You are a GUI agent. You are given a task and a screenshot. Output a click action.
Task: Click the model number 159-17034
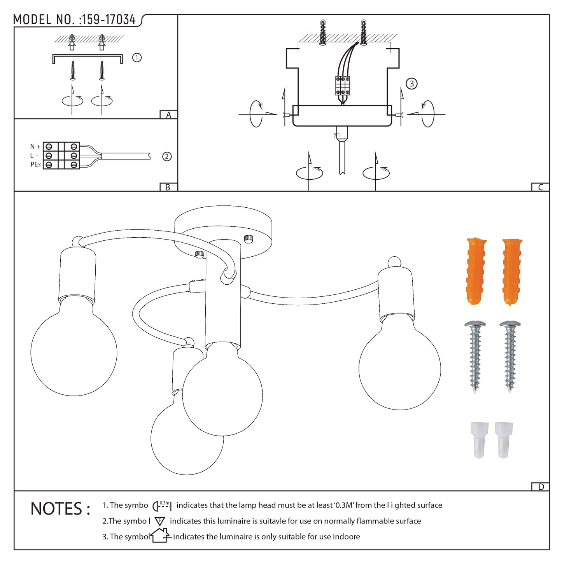point(109,20)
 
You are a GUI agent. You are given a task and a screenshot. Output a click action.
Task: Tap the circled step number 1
point(137,58)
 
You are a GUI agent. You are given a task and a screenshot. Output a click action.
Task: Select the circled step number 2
point(167,156)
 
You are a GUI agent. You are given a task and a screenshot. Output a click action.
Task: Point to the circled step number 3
point(411,84)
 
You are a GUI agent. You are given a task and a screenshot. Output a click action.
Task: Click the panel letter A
point(168,115)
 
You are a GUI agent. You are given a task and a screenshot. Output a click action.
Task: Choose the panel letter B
point(168,187)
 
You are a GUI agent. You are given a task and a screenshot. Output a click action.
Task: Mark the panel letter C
point(540,187)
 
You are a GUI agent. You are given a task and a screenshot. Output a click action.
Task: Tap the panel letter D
point(541,487)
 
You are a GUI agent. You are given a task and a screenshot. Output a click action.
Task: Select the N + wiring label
point(35,147)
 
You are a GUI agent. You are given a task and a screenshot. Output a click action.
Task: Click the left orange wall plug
point(476,271)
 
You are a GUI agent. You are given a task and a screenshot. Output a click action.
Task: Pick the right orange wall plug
point(512,271)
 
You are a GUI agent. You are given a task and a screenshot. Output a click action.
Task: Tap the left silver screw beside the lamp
point(475,356)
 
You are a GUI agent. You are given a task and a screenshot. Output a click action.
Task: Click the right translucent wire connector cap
point(504,439)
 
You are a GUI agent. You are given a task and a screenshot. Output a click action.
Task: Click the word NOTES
point(60,509)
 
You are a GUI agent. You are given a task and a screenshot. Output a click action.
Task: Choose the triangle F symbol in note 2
point(160,521)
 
